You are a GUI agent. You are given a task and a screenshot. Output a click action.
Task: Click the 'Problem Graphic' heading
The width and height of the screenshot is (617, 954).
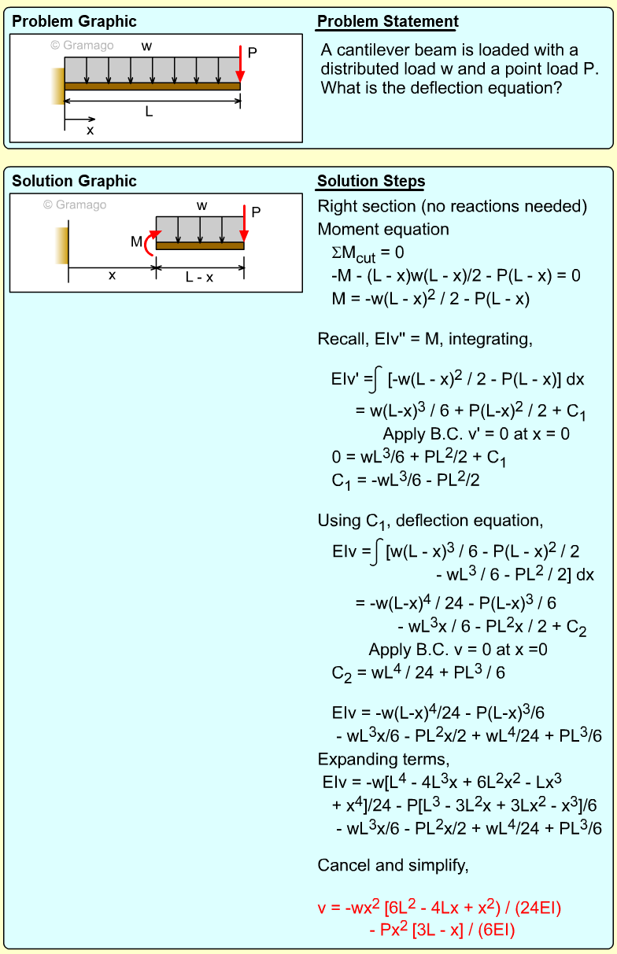[x=74, y=22]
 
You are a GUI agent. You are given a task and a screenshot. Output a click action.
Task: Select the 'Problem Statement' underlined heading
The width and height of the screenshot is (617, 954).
[x=387, y=22]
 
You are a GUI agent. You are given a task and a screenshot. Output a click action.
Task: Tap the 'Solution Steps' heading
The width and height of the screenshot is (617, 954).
[x=371, y=182]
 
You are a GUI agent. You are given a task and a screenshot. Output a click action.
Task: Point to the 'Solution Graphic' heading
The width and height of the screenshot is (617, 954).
[x=74, y=182]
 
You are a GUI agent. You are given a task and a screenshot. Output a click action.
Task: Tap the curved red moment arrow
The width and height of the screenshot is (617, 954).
[x=150, y=243]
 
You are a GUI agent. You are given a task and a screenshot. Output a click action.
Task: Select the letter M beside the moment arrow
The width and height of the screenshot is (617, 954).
[x=136, y=242]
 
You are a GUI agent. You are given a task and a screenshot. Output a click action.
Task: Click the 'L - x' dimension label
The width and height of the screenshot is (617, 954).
[x=200, y=277]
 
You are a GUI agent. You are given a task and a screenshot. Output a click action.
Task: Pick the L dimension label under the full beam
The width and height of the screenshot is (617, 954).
[x=149, y=112]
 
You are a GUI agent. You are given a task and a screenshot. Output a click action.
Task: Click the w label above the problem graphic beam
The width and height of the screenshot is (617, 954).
[x=146, y=46]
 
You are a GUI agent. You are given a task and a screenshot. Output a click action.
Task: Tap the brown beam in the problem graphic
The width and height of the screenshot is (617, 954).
[x=152, y=87]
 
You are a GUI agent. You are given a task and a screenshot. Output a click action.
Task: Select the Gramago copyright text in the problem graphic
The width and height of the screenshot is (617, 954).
[x=82, y=45]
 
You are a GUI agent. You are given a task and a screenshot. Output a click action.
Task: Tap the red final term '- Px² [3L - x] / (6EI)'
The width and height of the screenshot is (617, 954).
[x=442, y=930]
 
